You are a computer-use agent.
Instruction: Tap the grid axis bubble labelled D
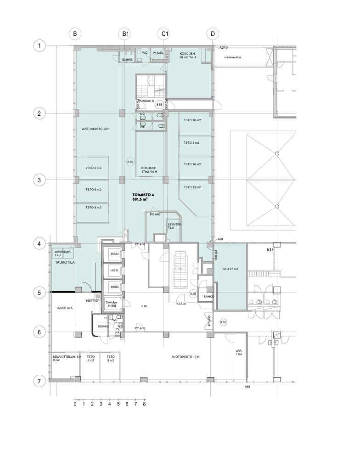[x=212, y=34]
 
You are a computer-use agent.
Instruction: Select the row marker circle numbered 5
[x=39, y=292]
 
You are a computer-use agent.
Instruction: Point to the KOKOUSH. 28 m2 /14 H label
[x=188, y=56]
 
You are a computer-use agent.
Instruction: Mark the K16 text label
[x=270, y=250]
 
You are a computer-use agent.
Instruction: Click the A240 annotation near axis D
[x=224, y=47]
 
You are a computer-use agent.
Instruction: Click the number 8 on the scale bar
[x=144, y=405]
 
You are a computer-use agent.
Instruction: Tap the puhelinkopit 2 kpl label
[x=62, y=253]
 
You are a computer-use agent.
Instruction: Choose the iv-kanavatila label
[x=233, y=57]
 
